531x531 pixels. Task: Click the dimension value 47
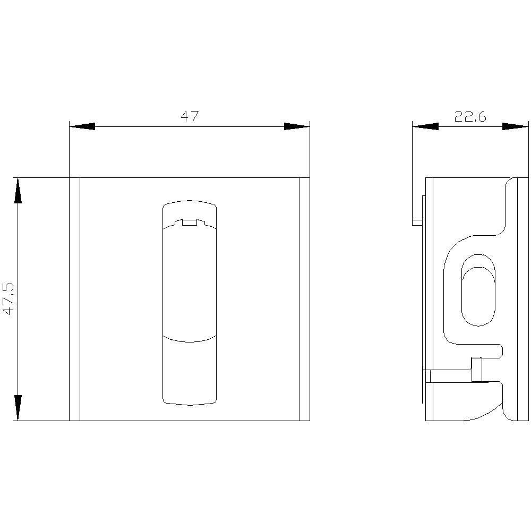(x=190, y=117)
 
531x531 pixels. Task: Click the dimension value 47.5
(x=9, y=299)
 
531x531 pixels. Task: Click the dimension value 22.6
(x=470, y=117)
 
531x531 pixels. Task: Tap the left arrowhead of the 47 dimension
(x=82, y=126)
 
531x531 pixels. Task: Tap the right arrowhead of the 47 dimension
(x=296, y=126)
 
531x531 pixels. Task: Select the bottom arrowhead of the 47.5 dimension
(x=18, y=407)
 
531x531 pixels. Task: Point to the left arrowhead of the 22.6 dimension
(x=425, y=126)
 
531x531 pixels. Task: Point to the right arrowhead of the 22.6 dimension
(x=516, y=126)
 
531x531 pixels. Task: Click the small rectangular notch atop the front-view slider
(x=190, y=222)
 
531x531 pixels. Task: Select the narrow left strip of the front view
(x=74, y=299)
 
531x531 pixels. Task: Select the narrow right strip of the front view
(x=304, y=299)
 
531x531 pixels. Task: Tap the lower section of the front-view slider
(x=190, y=372)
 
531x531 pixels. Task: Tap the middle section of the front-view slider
(x=190, y=281)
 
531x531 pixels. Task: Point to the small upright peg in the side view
(x=477, y=370)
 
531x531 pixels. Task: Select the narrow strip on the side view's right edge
(x=523, y=299)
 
